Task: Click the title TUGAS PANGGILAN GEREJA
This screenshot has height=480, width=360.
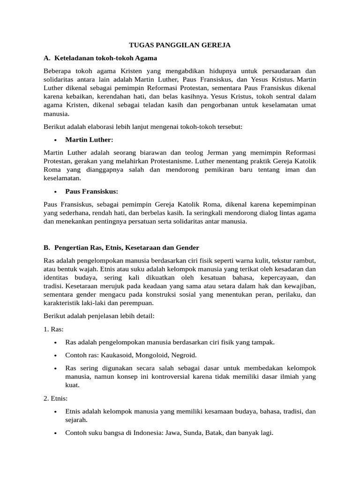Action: tap(180, 45)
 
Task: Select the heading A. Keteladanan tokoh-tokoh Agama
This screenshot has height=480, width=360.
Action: tap(100, 58)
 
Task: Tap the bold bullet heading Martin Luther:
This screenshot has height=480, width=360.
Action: tap(89, 140)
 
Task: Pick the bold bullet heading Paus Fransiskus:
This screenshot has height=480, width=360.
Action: tap(91, 191)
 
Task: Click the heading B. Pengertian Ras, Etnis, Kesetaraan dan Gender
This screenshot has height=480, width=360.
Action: tap(121, 247)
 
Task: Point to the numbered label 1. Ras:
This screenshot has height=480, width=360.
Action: tap(53, 329)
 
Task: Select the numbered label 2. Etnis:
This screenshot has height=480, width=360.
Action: tap(56, 398)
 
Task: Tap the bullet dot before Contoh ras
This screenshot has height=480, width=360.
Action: tap(56, 355)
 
